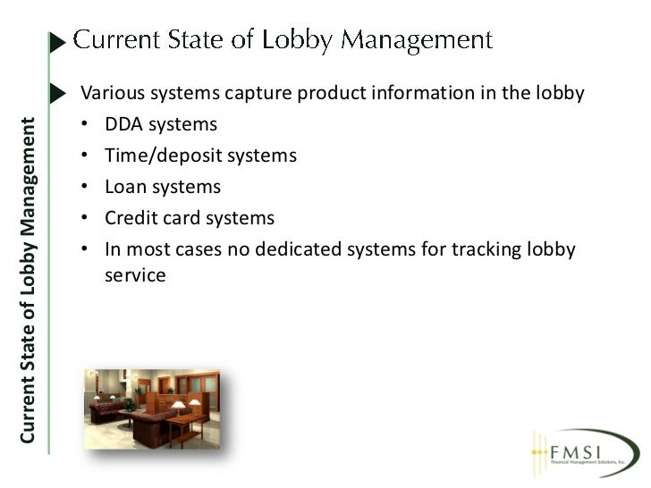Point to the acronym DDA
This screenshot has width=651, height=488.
pyautogui.click(x=123, y=125)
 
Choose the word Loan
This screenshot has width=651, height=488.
pyautogui.click(x=124, y=188)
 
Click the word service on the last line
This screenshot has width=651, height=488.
pyautogui.click(x=135, y=275)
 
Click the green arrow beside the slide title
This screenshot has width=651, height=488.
pyautogui.click(x=58, y=42)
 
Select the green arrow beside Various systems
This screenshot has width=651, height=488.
pyautogui.click(x=59, y=93)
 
